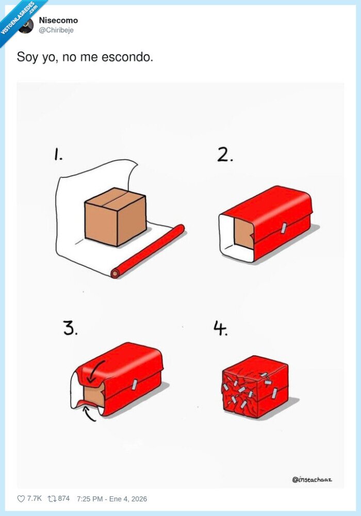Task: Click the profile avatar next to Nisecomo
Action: point(26,25)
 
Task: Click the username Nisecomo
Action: point(58,20)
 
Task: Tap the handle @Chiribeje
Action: point(56,30)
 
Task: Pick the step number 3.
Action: point(70,328)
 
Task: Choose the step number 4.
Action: point(221,328)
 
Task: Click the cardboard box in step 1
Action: point(116,216)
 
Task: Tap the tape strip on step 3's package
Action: point(135,383)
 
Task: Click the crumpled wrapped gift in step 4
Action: point(255,388)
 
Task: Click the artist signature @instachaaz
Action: point(311,479)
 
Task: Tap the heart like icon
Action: point(21,498)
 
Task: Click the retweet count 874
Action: point(63,498)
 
